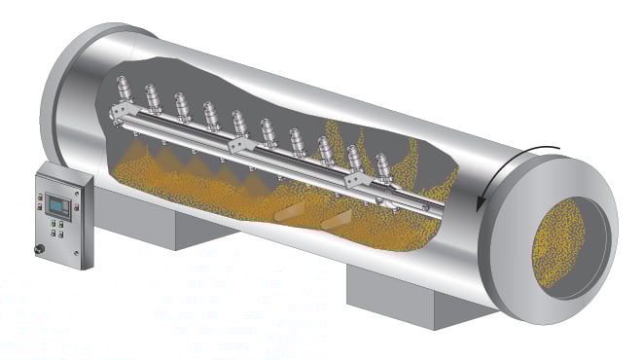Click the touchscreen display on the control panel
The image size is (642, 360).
(54, 203)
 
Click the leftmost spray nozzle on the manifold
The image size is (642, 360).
(124, 92)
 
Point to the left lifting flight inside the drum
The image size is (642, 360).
(289, 210)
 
